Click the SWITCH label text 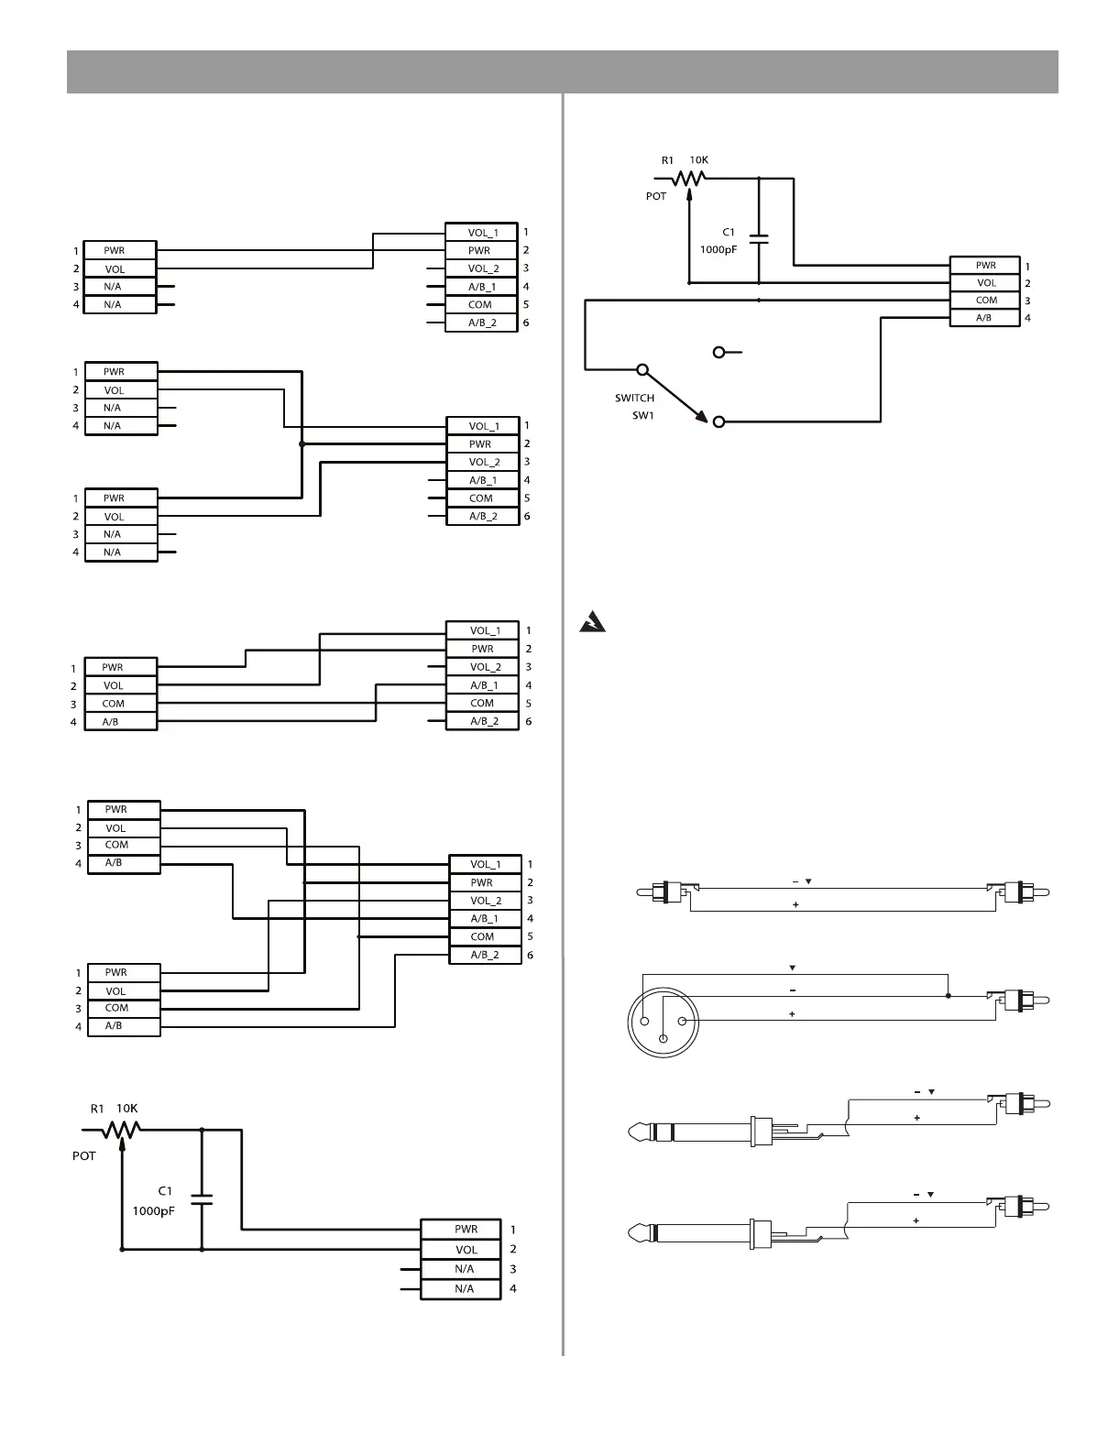[x=634, y=399]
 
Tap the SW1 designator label [x=644, y=416]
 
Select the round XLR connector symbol [x=663, y=1023]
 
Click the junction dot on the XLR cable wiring [x=949, y=996]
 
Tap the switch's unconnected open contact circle [x=719, y=352]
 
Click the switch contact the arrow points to [x=719, y=421]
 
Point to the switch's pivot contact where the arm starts [x=642, y=370]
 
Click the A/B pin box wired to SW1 [x=984, y=318]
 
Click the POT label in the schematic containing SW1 [x=656, y=197]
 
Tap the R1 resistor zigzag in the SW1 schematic [x=688, y=179]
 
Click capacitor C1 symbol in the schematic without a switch [x=202, y=1198]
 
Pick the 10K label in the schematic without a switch [x=127, y=1109]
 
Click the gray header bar [x=562, y=71]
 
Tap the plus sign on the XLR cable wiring [x=792, y=1014]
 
